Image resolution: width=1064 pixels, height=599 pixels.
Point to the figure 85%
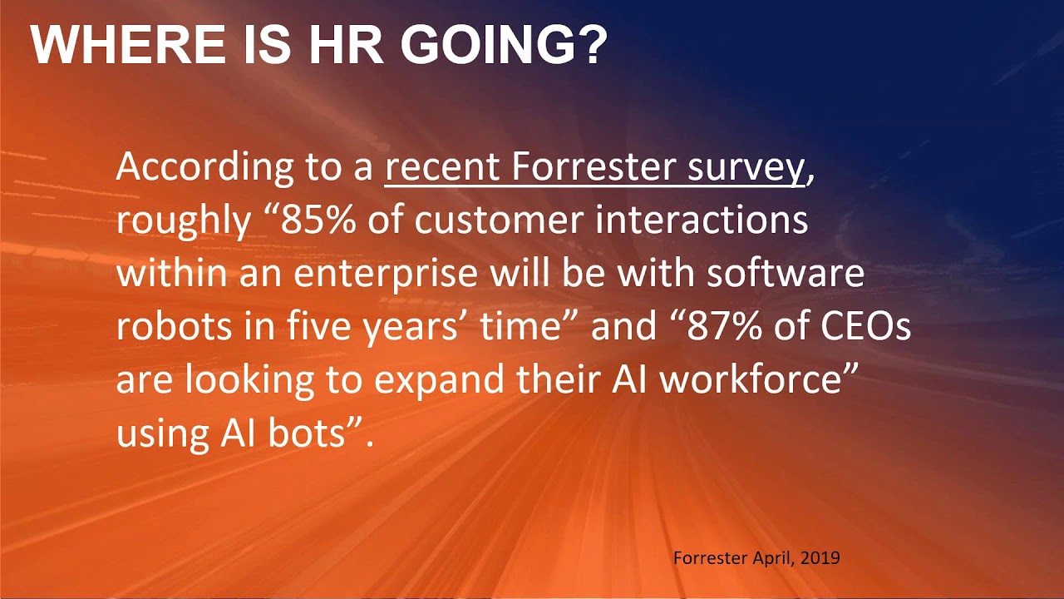tap(310, 221)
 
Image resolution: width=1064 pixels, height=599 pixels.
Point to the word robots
tap(163, 327)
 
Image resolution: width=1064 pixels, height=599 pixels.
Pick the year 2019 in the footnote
tap(820, 557)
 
